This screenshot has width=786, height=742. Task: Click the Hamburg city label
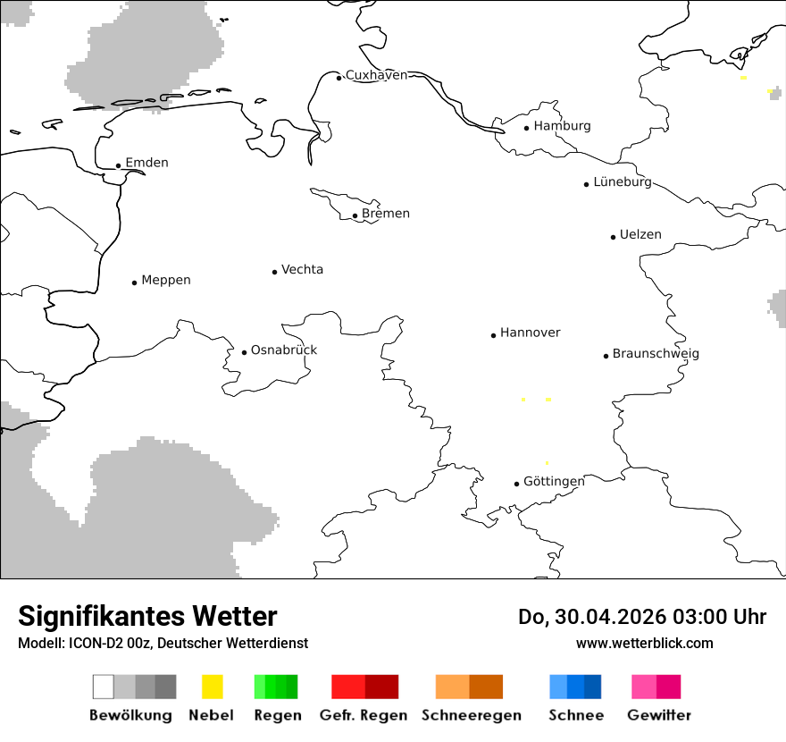pyautogui.click(x=562, y=126)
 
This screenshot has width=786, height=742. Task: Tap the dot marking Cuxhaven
pyautogui.click(x=339, y=78)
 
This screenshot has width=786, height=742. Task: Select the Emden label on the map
pyautogui.click(x=146, y=163)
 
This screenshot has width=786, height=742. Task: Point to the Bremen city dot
pyautogui.click(x=355, y=215)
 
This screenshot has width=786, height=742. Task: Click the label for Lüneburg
pyautogui.click(x=623, y=182)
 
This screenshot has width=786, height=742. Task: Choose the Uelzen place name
pyautogui.click(x=640, y=235)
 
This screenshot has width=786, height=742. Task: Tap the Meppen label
pyautogui.click(x=166, y=281)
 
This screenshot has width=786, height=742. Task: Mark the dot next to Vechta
pyautogui.click(x=275, y=272)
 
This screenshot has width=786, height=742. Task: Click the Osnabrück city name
pyautogui.click(x=284, y=350)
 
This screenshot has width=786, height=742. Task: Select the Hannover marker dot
pyautogui.click(x=493, y=335)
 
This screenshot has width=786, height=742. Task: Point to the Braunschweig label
pyautogui.click(x=656, y=354)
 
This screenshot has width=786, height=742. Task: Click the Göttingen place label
pyautogui.click(x=554, y=482)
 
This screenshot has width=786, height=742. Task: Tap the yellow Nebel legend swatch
pyautogui.click(x=212, y=687)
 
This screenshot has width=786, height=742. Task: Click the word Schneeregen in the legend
pyautogui.click(x=472, y=715)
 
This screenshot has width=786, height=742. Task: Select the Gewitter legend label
pyautogui.click(x=659, y=715)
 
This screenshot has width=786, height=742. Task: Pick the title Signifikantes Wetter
pyautogui.click(x=147, y=617)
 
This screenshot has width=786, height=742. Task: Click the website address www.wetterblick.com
pyautogui.click(x=645, y=643)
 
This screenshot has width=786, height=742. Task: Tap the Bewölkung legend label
pyautogui.click(x=130, y=715)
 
